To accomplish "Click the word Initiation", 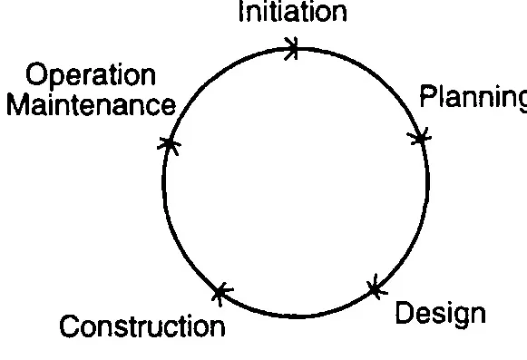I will click(x=291, y=12).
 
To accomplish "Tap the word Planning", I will click(x=473, y=97).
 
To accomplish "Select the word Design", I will click(x=441, y=313).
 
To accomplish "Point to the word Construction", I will click(x=142, y=326).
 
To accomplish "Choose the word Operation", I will click(x=91, y=74).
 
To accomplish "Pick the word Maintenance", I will click(x=91, y=104).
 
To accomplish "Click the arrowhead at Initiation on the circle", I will click(x=292, y=48).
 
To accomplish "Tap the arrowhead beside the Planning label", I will click(x=418, y=137).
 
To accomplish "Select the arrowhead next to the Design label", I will click(x=373, y=289).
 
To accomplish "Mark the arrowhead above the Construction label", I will click(x=220, y=292).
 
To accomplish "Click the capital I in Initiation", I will click(x=240, y=12).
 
